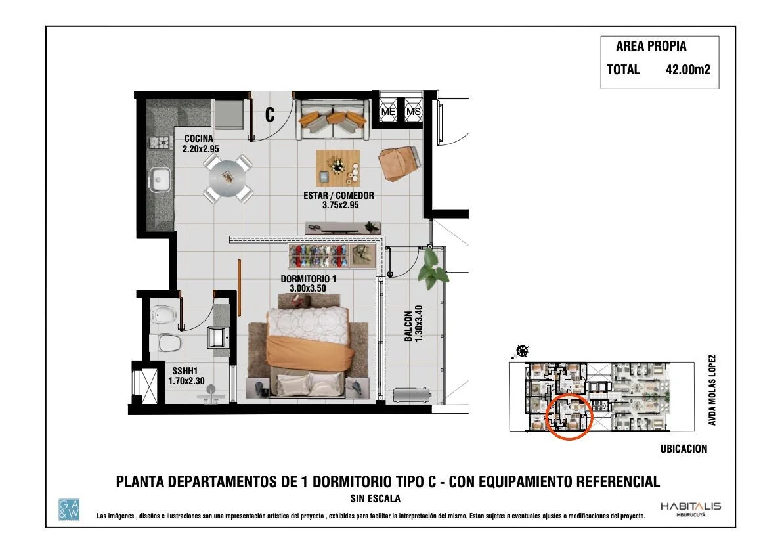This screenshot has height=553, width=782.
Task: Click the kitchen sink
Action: [160, 180]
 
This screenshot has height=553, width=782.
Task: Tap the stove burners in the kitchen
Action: [161, 142]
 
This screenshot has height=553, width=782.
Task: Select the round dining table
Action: [228, 178]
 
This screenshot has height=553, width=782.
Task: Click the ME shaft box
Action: [388, 111]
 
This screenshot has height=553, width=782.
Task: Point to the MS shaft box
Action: [413, 111]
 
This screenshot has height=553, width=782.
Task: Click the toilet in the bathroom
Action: [169, 343]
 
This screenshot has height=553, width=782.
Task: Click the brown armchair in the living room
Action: [399, 163]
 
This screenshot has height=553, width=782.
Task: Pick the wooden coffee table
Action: [337, 168]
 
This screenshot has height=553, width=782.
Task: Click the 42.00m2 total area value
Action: [687, 70]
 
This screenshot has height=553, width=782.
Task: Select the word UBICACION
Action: [684, 449]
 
